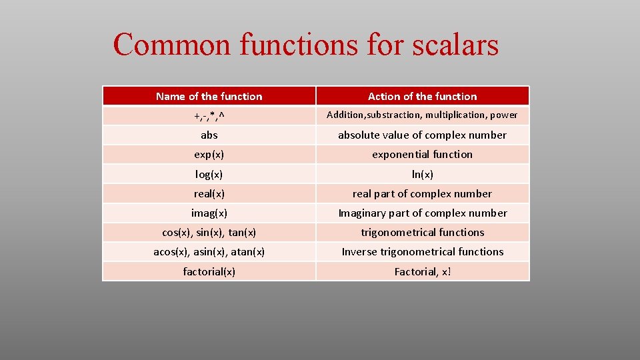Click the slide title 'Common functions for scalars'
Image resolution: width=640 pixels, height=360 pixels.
[305, 45]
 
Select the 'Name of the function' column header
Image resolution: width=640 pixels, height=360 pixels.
[209, 96]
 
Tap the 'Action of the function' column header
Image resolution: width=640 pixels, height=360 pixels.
[422, 96]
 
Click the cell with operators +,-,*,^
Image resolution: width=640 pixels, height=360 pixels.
[209, 116]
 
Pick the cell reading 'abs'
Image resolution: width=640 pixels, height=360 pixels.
[209, 135]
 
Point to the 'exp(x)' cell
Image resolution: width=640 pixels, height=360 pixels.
[209, 154]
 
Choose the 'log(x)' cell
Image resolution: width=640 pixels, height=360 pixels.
[209, 174]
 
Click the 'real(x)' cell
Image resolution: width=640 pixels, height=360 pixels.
[209, 193]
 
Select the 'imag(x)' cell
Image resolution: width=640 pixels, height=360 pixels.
[209, 213]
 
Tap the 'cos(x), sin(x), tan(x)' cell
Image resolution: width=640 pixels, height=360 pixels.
[209, 232]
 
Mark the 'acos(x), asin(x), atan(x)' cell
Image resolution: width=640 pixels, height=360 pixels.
[209, 251]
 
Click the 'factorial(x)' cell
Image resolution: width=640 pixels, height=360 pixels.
[209, 271]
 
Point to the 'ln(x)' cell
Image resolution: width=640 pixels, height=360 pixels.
[422, 174]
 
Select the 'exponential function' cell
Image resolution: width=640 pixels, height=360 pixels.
[422, 154]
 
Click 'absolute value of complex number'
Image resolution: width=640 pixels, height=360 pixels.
[422, 135]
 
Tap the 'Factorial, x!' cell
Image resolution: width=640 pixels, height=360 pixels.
[422, 271]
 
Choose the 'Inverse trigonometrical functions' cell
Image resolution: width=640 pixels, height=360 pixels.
[422, 251]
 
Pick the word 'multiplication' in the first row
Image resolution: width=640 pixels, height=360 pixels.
[456, 115]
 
